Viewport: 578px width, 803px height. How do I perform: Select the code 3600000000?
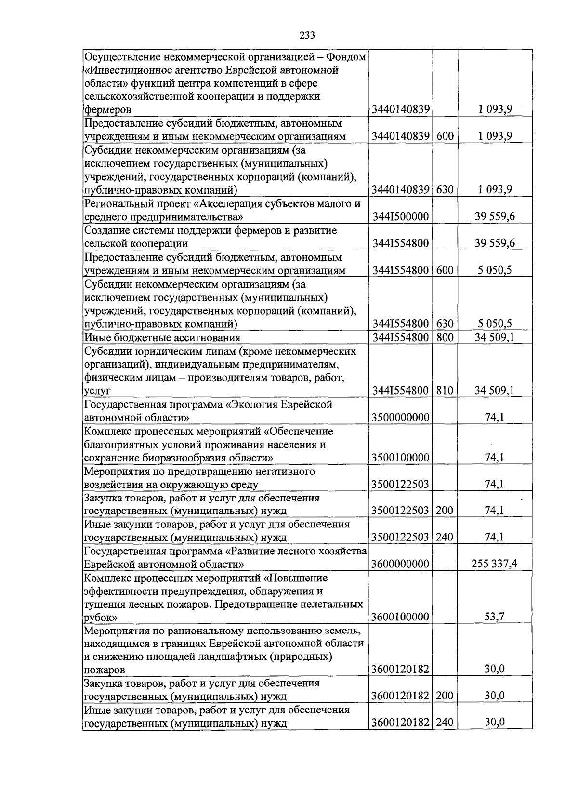pyautogui.click(x=400, y=564)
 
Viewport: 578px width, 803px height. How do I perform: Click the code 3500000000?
pyautogui.click(x=400, y=417)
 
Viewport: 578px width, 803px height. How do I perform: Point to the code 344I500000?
pyautogui.click(x=400, y=217)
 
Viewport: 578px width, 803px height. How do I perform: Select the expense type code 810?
pyautogui.click(x=445, y=390)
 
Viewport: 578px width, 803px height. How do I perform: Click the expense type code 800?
pyautogui.click(x=445, y=337)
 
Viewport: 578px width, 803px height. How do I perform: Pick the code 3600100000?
pyautogui.click(x=400, y=617)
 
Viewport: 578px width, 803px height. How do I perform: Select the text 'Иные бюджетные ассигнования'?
pyautogui.click(x=162, y=337)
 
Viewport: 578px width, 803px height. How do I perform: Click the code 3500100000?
pyautogui.click(x=400, y=457)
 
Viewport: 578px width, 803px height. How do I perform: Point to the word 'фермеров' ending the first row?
pyautogui.click(x=107, y=110)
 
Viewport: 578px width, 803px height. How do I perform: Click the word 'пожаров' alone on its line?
pyautogui.click(x=105, y=670)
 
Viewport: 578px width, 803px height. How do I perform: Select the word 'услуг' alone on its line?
pyautogui.click(x=97, y=391)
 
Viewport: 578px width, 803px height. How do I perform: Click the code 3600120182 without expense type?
pyautogui.click(x=400, y=669)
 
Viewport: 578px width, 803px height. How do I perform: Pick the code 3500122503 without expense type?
pyautogui.click(x=400, y=484)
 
